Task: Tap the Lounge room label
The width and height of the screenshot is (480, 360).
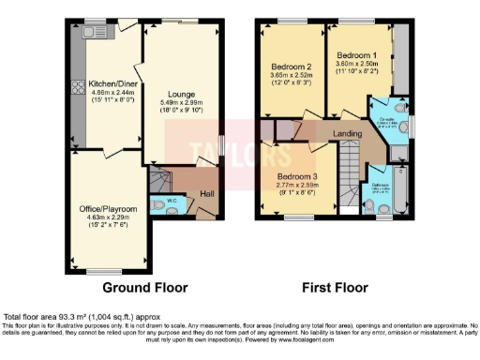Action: click(x=181, y=94)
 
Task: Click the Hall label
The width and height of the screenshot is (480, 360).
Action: click(x=207, y=194)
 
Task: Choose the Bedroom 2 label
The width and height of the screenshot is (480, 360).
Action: click(x=291, y=67)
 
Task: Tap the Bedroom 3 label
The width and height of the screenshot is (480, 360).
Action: click(x=299, y=176)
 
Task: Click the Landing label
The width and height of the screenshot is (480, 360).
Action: click(x=350, y=133)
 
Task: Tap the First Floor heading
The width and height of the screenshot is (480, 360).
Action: click(x=333, y=286)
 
